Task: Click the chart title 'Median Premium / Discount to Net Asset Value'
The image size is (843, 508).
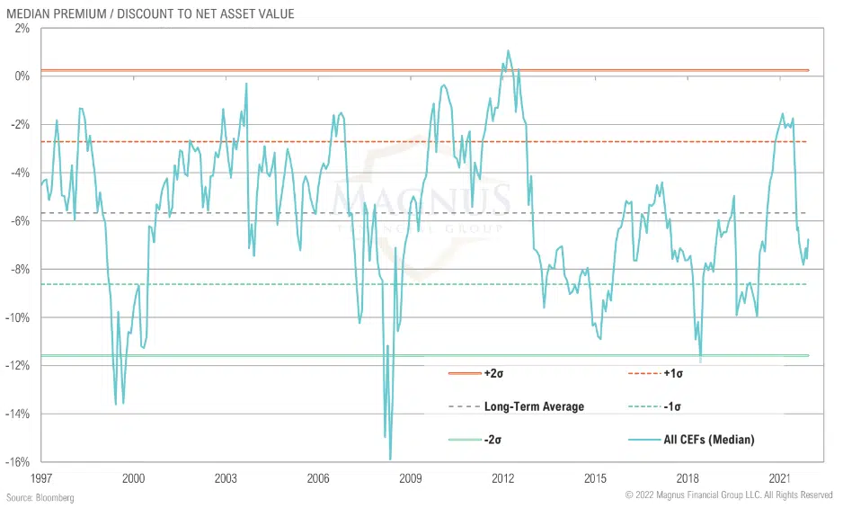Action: [x=149, y=14]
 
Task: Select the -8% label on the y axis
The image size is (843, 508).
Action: [x=21, y=269]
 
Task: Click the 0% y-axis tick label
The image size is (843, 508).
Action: [x=22, y=76]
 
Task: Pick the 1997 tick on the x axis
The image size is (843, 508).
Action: [x=40, y=478]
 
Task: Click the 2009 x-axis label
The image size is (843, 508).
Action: [x=411, y=478]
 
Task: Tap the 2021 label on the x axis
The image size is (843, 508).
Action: [x=780, y=478]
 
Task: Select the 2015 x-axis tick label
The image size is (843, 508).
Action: [x=595, y=478]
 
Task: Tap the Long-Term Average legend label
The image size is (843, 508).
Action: [x=534, y=406]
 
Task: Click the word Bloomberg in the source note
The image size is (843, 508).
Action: [x=53, y=497]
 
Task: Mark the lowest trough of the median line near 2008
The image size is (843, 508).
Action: [x=390, y=459]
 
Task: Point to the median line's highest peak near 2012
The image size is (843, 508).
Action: [x=508, y=50]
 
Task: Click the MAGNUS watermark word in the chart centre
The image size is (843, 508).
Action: [x=422, y=199]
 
